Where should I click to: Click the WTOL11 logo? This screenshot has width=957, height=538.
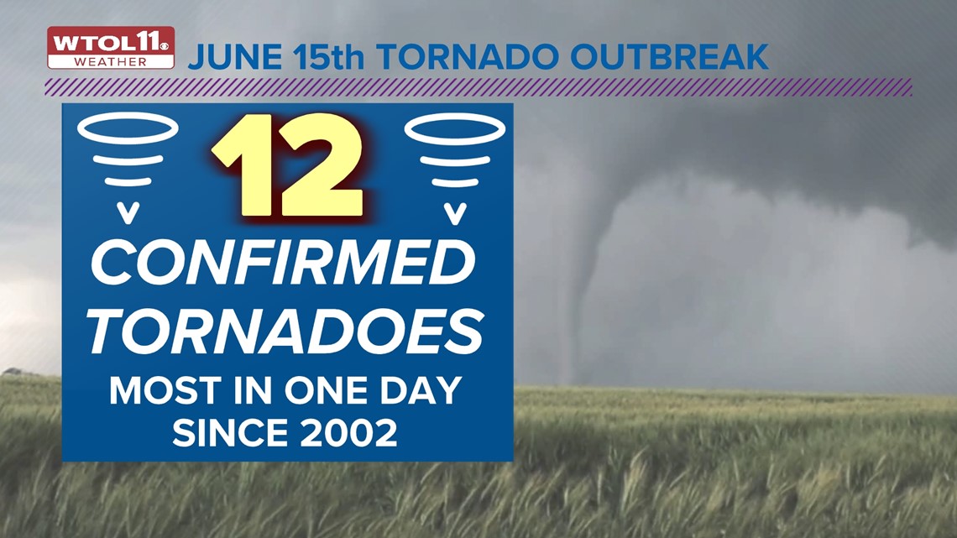(x=110, y=42)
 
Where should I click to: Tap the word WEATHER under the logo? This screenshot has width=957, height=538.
(x=110, y=61)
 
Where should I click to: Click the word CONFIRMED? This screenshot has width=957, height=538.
(x=283, y=262)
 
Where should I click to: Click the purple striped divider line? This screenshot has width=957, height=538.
(x=478, y=86)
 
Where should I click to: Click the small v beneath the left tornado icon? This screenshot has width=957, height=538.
(x=128, y=215)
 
